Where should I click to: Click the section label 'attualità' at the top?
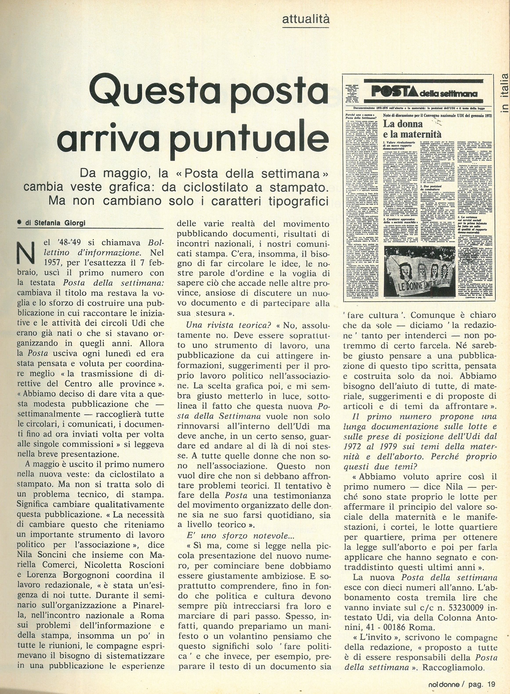pyautogui.click(x=306, y=20)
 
